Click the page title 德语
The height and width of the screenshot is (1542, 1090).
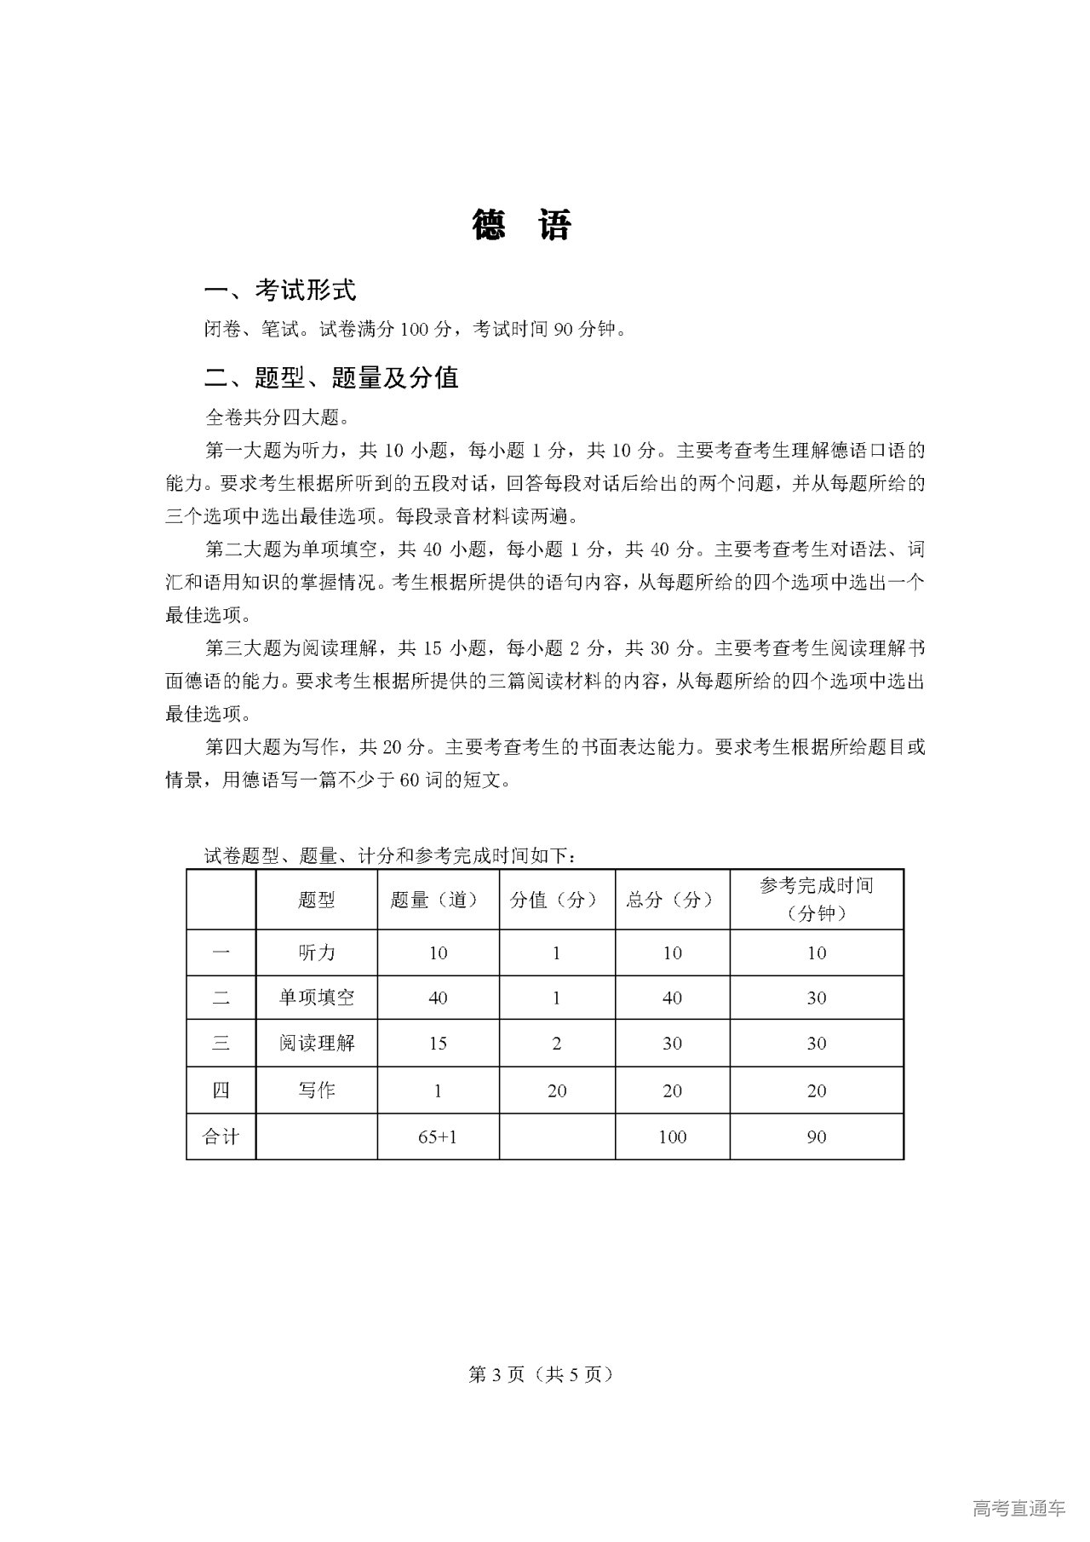point(521,226)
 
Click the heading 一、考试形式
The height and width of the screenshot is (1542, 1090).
point(279,291)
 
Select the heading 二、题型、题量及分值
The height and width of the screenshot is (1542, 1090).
point(331,377)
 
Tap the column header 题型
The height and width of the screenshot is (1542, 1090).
point(317,900)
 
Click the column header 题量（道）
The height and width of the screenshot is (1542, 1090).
point(438,900)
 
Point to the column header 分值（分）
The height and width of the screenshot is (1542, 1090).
point(557,900)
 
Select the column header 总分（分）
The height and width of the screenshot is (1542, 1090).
point(672,900)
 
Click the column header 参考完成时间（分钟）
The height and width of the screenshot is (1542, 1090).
point(816,900)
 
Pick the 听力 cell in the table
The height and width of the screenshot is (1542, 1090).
point(317,953)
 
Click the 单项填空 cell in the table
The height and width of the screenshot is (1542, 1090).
point(317,998)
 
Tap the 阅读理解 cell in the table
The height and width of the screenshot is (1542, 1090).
point(317,1044)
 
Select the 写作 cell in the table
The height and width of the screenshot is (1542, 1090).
point(317,1090)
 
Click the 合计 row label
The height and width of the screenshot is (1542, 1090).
point(221,1136)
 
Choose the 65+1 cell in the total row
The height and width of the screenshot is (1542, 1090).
point(438,1136)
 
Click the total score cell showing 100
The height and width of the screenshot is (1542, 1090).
point(672,1136)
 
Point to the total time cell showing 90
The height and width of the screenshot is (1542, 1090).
point(816,1136)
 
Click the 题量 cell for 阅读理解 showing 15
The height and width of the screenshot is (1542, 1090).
point(438,1044)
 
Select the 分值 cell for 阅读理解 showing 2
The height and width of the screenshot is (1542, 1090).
point(557,1044)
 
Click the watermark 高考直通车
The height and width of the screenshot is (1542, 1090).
point(1018,1508)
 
